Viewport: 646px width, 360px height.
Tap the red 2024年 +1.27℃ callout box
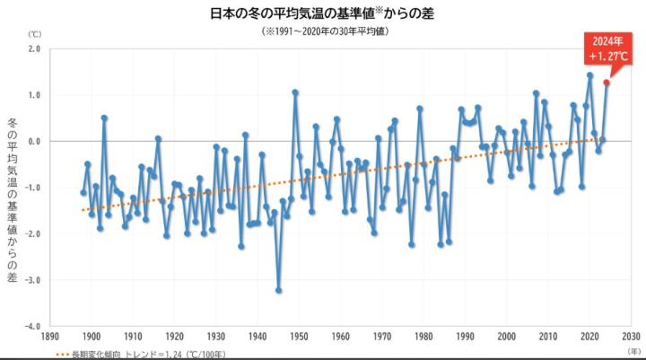[598, 48]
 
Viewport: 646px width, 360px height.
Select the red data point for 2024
[607, 83]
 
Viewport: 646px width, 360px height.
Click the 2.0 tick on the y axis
[35, 48]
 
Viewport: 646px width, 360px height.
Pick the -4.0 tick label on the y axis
[33, 327]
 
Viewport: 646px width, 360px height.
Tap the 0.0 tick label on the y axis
[35, 141]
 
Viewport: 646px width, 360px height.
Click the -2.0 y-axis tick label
[33, 234]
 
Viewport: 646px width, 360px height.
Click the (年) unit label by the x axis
[633, 351]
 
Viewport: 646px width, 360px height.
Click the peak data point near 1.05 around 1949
[295, 92]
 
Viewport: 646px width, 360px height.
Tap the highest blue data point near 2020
[589, 75]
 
